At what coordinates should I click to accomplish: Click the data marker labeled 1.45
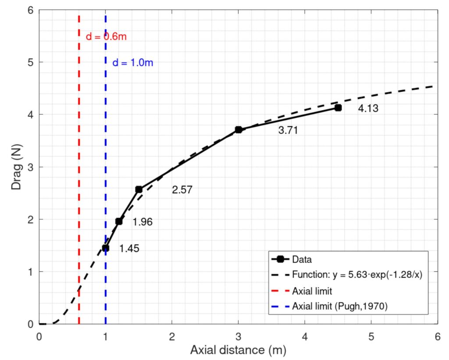(106, 248)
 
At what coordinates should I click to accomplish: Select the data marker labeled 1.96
(119, 221)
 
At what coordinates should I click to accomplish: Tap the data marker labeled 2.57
(139, 189)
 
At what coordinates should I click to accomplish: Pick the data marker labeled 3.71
(239, 130)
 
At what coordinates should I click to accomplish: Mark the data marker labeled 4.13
(338, 108)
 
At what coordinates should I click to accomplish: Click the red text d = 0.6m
(106, 37)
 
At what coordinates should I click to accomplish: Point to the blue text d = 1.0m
(133, 63)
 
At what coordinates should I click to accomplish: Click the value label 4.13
(368, 109)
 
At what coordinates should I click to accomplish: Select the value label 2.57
(182, 190)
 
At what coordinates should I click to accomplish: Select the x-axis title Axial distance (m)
(238, 351)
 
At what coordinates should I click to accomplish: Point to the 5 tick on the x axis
(371, 336)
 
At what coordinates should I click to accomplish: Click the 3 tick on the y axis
(31, 167)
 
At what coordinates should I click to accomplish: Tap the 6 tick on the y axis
(31, 10)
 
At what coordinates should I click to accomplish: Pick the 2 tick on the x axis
(172, 336)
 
